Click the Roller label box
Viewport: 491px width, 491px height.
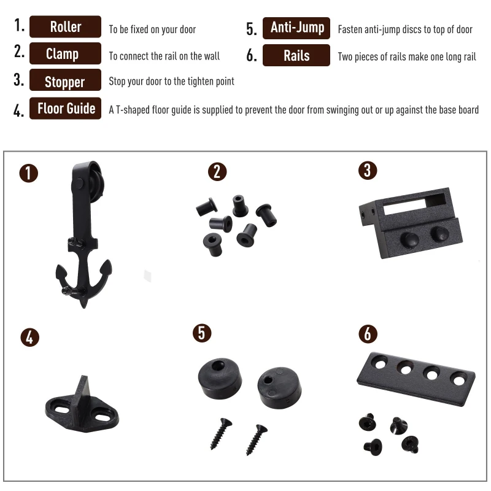65,26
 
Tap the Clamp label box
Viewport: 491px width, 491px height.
65,53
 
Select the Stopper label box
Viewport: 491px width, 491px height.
65,80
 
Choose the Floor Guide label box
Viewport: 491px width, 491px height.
65,109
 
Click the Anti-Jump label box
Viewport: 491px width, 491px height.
296,28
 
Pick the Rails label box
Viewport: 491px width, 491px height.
296,55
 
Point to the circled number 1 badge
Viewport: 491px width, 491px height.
28,173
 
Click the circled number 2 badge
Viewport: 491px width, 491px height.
217,172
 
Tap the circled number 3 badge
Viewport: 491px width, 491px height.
368,171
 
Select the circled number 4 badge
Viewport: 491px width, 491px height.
29,337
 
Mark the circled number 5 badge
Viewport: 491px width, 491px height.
202,333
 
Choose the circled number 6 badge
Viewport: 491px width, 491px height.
368,334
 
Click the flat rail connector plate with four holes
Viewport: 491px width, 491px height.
416,379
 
